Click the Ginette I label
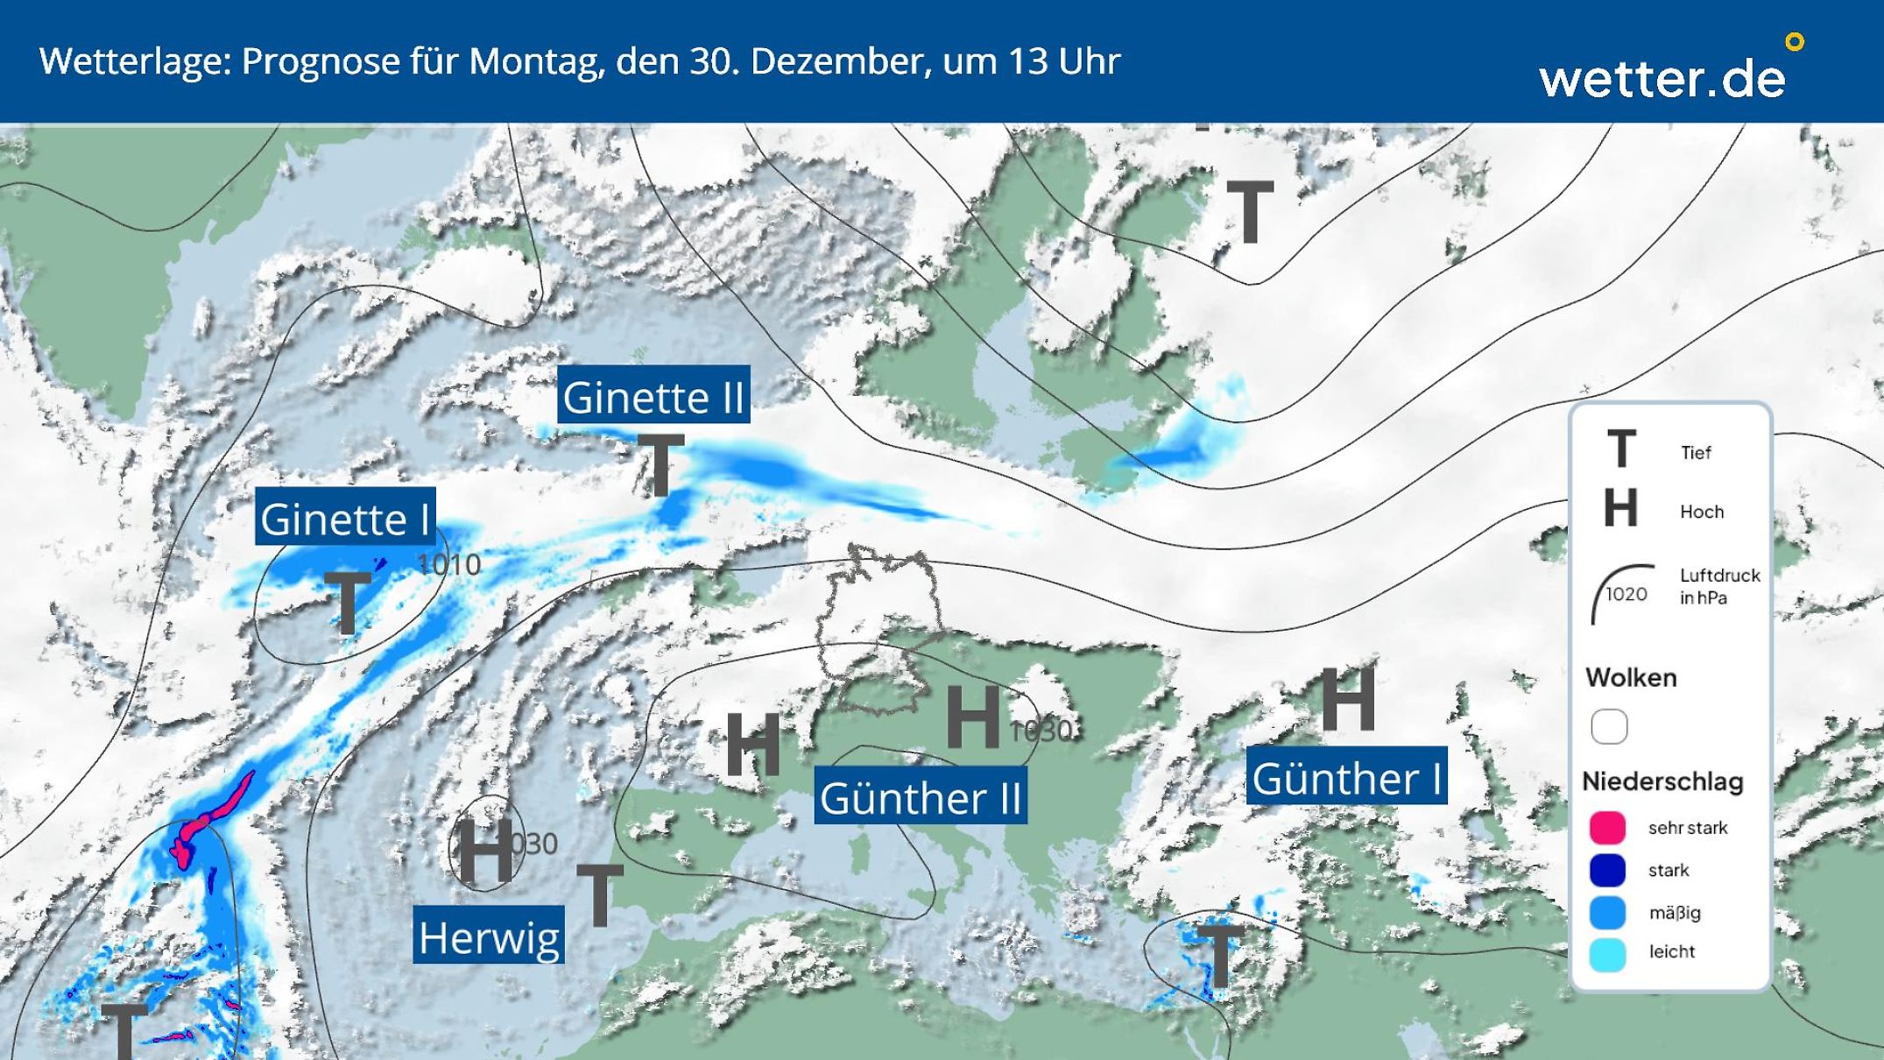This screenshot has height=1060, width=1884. [345, 518]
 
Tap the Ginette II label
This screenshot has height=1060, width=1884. [653, 396]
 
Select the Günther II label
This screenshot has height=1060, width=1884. [921, 797]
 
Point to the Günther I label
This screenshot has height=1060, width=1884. [1346, 777]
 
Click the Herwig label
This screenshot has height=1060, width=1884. [489, 936]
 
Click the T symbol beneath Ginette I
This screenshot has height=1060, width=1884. [348, 602]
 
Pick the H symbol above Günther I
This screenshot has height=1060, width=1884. [1347, 698]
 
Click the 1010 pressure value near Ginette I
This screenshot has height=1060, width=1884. [449, 564]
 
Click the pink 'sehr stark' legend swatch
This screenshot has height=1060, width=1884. [1608, 827]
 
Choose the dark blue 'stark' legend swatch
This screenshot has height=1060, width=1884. [1608, 870]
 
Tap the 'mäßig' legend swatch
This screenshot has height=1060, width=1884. [1608, 912]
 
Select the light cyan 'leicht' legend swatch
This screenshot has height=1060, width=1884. [1608, 954]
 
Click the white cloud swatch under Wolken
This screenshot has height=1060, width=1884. [1609, 726]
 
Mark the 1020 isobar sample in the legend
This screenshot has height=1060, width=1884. [1623, 594]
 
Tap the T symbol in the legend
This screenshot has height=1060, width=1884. [1621, 449]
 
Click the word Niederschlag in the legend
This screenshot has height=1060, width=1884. [1662, 781]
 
